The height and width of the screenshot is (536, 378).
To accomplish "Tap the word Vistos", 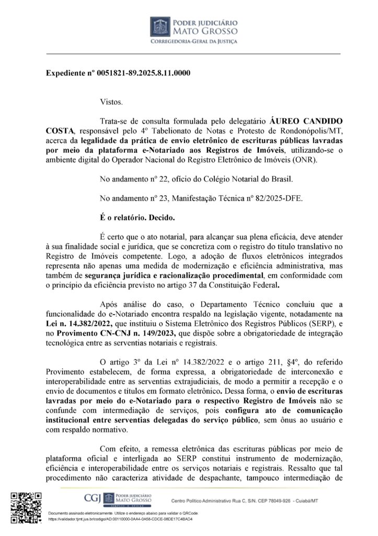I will point(110,102).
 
